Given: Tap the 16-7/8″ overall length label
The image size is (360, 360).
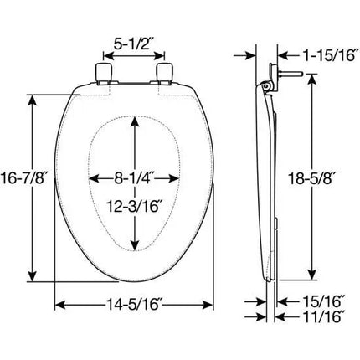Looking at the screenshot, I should [x=23, y=179].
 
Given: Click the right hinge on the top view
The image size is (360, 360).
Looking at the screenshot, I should [x=165, y=73].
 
